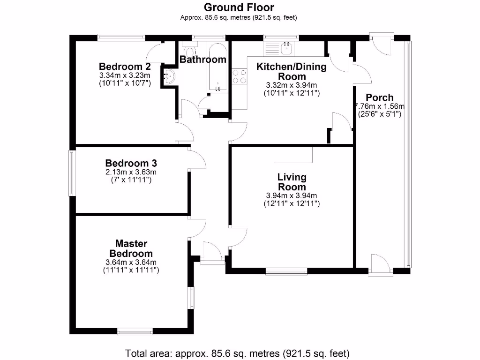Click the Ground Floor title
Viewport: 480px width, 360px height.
[x=239, y=7]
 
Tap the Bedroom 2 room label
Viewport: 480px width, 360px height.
[x=124, y=66]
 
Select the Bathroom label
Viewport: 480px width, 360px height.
[x=203, y=60]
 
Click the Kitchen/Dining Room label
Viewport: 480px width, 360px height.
[x=291, y=71]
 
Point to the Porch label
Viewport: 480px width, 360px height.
[x=379, y=97]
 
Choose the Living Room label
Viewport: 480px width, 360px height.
[x=292, y=182]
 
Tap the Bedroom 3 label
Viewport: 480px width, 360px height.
[x=131, y=163]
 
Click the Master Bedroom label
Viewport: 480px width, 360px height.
[x=131, y=248]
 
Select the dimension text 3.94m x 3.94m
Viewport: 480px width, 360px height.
[x=292, y=195]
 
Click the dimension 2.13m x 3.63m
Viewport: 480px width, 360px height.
[x=131, y=172]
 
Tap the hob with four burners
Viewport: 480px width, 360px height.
[x=240, y=76]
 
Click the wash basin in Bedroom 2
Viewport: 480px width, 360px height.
[x=169, y=76]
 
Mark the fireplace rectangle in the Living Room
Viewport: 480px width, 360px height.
[x=293, y=155]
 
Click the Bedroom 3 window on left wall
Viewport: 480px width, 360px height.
[x=72, y=173]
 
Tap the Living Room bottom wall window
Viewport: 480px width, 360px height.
[x=285, y=270]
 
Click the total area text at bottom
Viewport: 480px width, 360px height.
[x=238, y=352]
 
